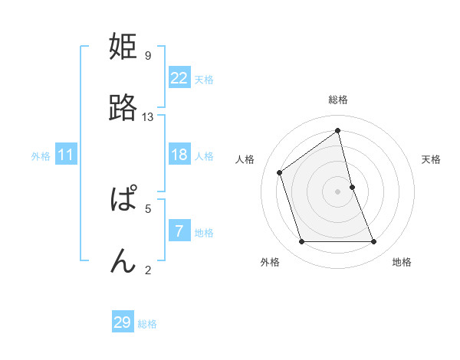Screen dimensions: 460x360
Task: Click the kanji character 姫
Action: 123,47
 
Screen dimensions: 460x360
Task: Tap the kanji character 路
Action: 123,109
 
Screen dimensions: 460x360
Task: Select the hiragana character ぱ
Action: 123,201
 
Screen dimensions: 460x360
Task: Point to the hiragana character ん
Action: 123,261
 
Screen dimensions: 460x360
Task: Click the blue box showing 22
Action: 179,77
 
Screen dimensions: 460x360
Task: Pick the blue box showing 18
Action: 179,155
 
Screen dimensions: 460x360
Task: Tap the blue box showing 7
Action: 179,231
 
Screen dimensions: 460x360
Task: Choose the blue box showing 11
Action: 66,155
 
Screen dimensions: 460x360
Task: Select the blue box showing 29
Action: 123,322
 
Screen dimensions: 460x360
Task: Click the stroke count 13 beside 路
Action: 148,116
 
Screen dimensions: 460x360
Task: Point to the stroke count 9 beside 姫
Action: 147,55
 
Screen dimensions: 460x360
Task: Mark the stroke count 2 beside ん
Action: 147,269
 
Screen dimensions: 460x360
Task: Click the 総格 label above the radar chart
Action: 338,100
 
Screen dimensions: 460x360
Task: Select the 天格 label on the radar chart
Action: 431,159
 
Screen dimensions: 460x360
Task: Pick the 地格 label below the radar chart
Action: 402,262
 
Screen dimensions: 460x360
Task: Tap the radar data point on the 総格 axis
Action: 338,130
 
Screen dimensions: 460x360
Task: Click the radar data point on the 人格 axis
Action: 280,172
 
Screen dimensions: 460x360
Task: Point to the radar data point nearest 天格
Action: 352,186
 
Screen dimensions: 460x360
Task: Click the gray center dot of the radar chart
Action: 338,191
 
